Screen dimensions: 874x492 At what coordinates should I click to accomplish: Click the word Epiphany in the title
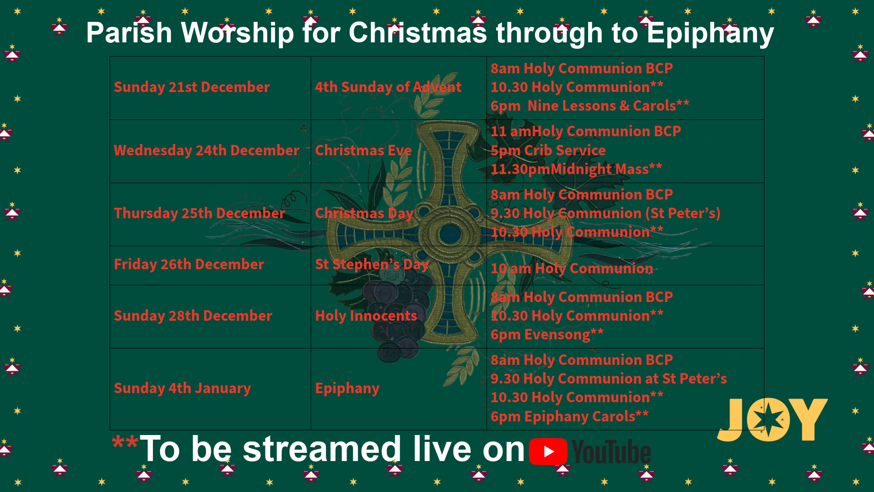710,33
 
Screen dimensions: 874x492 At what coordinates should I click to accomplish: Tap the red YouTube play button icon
548,451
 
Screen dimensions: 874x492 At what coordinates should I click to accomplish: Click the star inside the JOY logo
769,420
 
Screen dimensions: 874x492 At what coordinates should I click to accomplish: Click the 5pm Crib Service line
548,150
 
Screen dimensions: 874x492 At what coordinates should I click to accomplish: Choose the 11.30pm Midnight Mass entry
576,169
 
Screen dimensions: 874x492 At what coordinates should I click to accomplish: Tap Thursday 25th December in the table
199,213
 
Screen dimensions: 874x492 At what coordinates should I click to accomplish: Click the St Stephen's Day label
372,264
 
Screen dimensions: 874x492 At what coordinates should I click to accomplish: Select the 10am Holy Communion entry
572,268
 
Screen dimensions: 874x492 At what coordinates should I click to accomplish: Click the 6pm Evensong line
547,334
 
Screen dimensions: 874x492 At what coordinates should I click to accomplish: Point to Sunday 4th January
182,388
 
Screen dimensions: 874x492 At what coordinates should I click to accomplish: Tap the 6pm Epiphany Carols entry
569,416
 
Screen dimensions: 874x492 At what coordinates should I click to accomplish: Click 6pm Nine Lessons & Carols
590,106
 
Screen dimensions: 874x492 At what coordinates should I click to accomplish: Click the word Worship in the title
237,33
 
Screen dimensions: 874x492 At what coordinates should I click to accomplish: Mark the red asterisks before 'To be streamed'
125,442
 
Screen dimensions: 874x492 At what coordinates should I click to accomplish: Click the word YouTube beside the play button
611,452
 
